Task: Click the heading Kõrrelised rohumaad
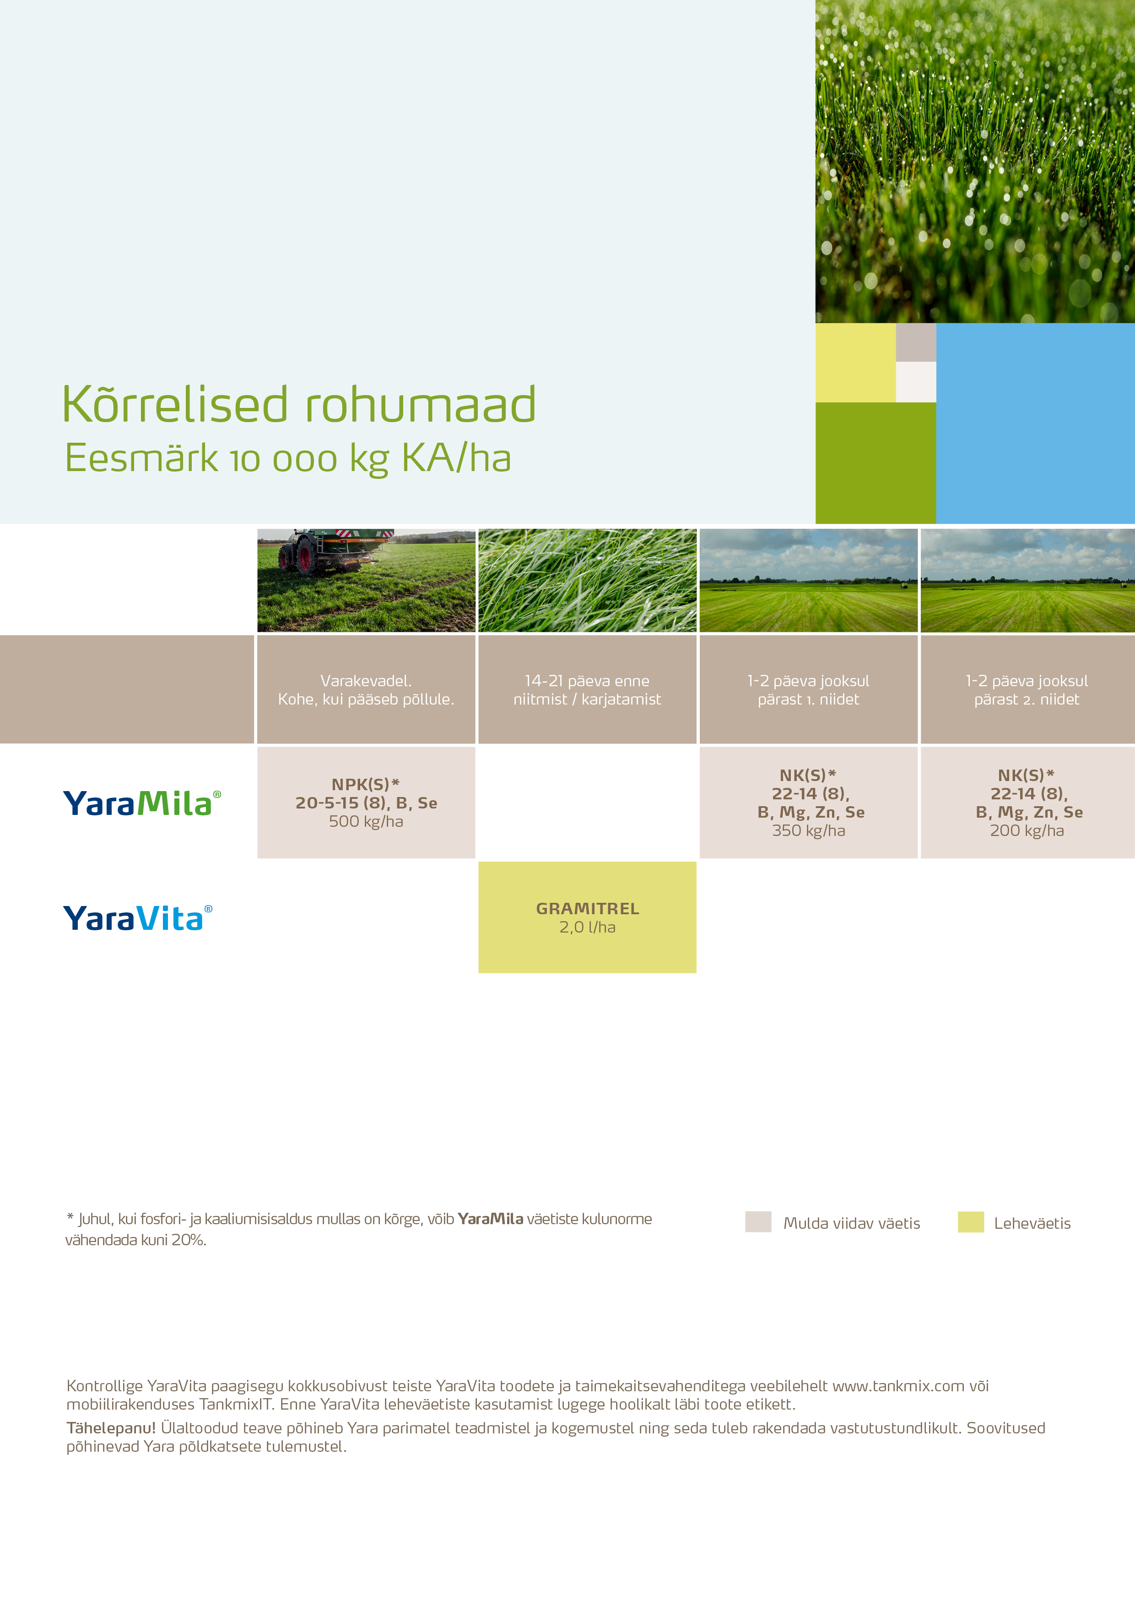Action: [298, 404]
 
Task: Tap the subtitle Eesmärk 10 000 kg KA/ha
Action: [287, 459]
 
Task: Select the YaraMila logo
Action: [142, 803]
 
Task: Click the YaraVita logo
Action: [138, 918]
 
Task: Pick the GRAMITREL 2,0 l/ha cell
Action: [588, 917]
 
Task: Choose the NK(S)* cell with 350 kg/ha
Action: [808, 802]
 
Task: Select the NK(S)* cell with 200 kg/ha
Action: [1027, 802]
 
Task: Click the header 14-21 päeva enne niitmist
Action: [588, 689]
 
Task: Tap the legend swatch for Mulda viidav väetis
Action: [758, 1221]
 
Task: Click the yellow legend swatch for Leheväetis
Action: [971, 1221]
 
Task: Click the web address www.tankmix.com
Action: [898, 1386]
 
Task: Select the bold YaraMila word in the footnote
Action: [490, 1219]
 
